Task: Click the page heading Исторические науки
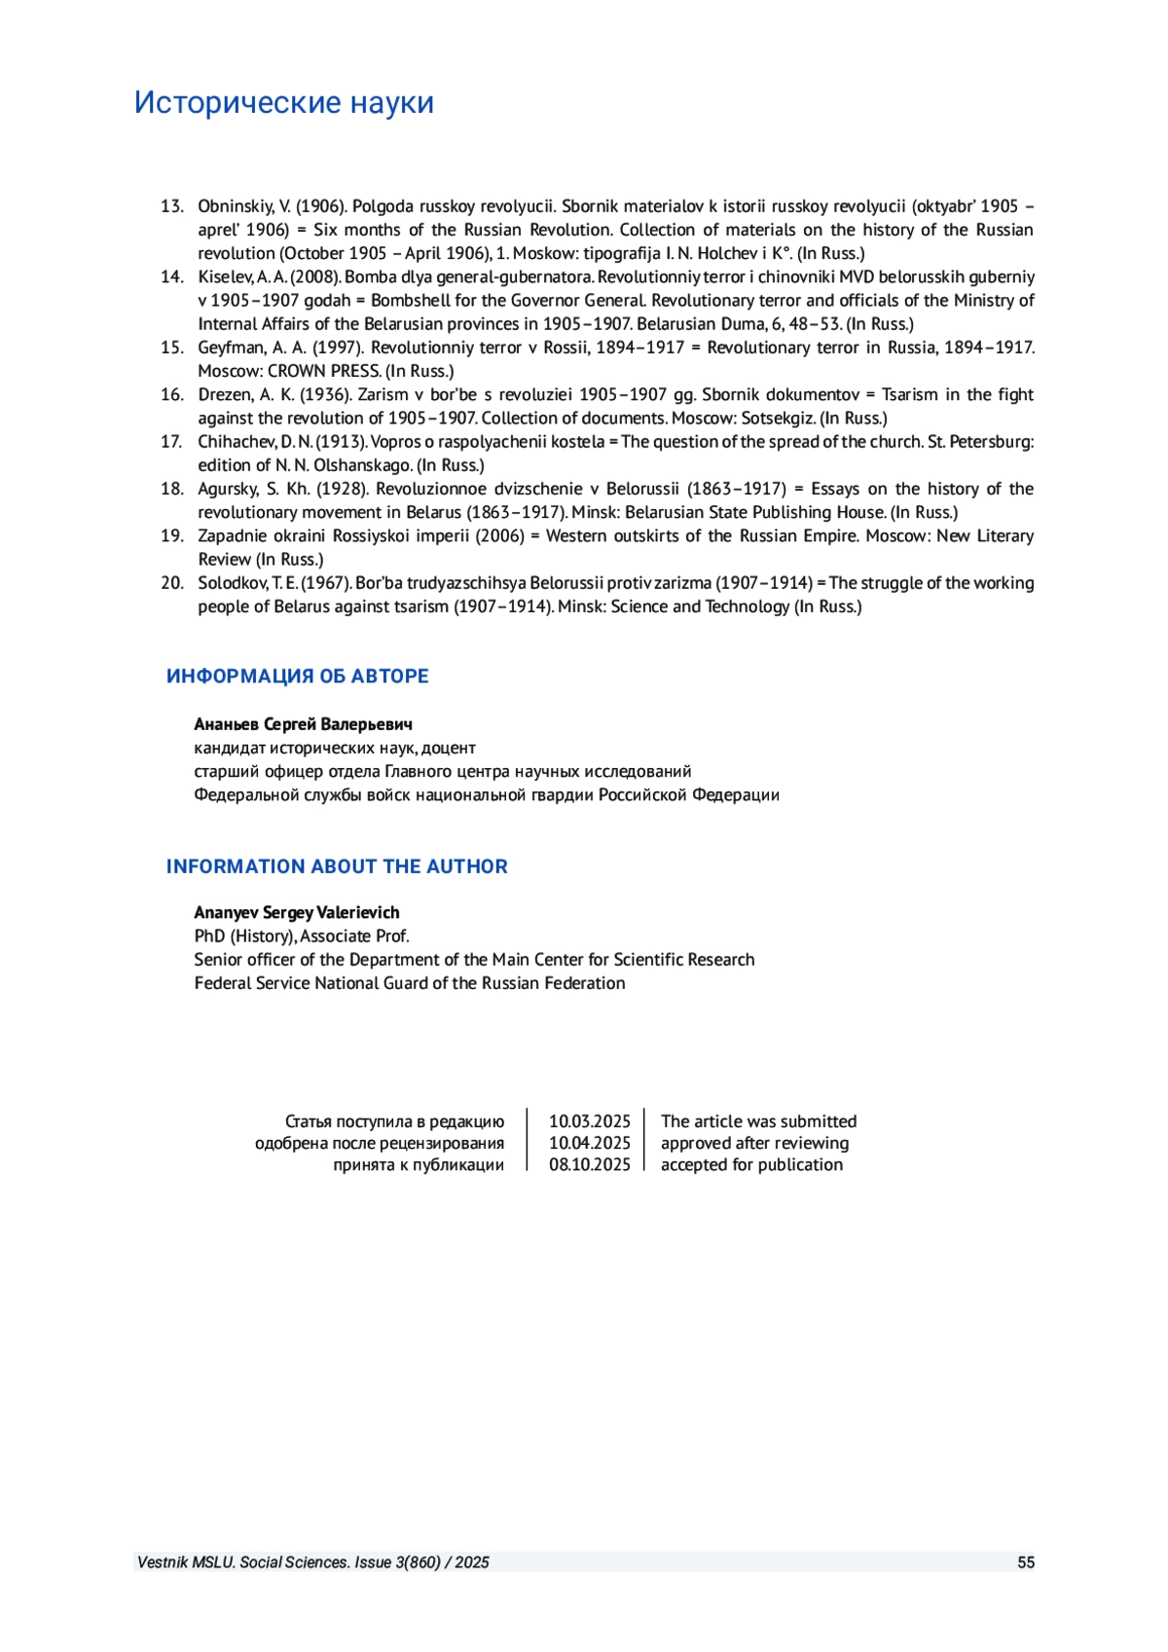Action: pyautogui.click(x=283, y=102)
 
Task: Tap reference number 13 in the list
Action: pyautogui.click(x=171, y=206)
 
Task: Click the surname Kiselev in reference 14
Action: pyautogui.click(x=225, y=276)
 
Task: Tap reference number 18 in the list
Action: pyautogui.click(x=171, y=489)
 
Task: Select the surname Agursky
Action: pyautogui.click(x=228, y=489)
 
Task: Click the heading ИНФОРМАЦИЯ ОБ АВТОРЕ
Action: pyautogui.click(x=297, y=676)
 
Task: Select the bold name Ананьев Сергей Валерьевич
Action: pyautogui.click(x=303, y=724)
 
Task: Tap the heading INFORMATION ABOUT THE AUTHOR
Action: pyautogui.click(x=337, y=866)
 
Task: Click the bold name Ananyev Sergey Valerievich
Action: pyautogui.click(x=297, y=912)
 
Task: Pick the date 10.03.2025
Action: pyautogui.click(x=589, y=1121)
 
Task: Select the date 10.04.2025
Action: pyautogui.click(x=589, y=1143)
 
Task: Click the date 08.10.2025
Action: pyautogui.click(x=589, y=1164)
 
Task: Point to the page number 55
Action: pyautogui.click(x=1025, y=1562)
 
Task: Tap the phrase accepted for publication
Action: pyautogui.click(x=751, y=1164)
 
